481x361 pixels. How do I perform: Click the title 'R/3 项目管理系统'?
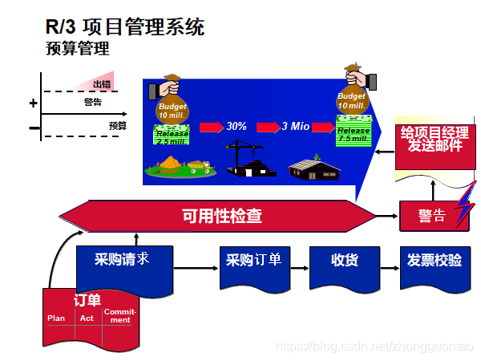click(x=124, y=27)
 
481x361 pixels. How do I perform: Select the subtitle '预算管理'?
click(x=77, y=50)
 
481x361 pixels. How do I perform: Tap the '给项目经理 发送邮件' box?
click(x=435, y=140)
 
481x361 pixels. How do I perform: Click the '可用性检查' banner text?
click(x=222, y=216)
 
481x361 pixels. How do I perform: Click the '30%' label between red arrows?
click(x=236, y=127)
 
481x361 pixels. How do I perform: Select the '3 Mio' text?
click(x=295, y=127)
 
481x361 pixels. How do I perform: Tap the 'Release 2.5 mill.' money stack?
click(x=172, y=136)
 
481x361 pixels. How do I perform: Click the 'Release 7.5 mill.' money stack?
click(x=354, y=133)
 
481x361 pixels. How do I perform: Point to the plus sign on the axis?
click(x=33, y=103)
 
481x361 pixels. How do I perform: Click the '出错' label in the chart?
click(x=102, y=84)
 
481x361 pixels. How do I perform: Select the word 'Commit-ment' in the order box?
click(x=117, y=316)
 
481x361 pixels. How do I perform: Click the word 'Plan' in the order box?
click(x=56, y=318)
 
